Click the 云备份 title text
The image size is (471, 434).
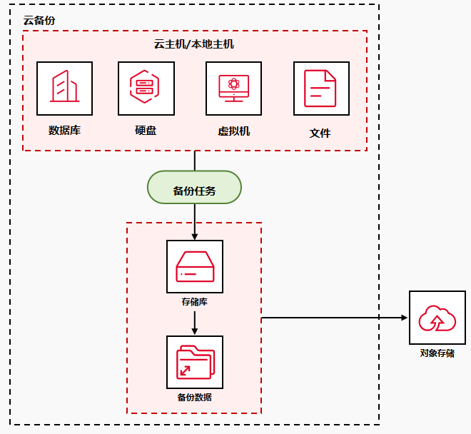[39, 20]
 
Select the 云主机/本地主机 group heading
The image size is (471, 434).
[194, 44]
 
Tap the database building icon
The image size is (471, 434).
[64, 89]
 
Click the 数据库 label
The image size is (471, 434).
[64, 131]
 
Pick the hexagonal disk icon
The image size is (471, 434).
[146, 89]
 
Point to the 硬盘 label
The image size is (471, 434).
[146, 131]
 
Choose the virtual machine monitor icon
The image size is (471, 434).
[233, 89]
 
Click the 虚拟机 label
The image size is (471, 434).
[233, 131]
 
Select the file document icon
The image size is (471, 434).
[321, 89]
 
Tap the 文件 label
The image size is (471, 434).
[320, 133]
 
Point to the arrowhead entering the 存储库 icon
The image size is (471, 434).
[195, 236]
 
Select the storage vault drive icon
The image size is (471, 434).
[195, 266]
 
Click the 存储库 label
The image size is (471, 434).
[195, 302]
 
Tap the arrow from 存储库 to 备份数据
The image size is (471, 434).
[195, 323]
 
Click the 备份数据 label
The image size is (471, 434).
[195, 397]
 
